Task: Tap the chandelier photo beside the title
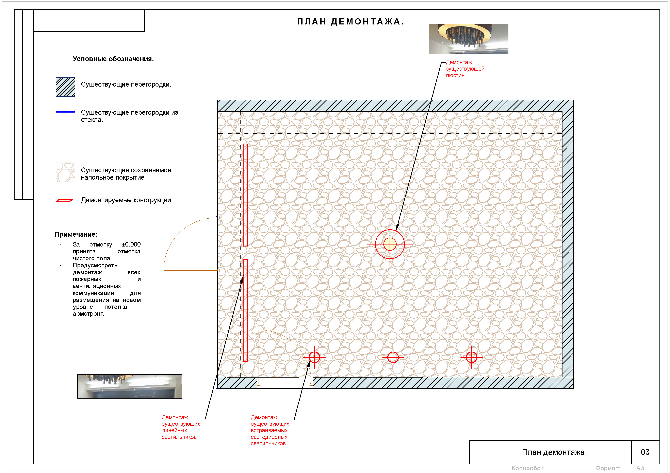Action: (468, 39)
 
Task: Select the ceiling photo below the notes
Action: (130, 386)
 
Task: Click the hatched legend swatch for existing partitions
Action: (65, 87)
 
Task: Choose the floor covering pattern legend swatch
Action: (65, 172)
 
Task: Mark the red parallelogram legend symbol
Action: (64, 201)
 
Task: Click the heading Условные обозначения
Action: (113, 59)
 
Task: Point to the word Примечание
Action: (76, 234)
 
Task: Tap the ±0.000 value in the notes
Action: (131, 244)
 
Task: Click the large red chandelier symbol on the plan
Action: (390, 244)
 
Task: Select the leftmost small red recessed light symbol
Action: (314, 357)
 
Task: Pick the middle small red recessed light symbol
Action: (393, 357)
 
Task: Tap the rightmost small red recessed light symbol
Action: (472, 357)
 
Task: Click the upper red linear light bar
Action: (245, 195)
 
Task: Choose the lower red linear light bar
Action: (245, 310)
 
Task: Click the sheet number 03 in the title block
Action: (645, 452)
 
